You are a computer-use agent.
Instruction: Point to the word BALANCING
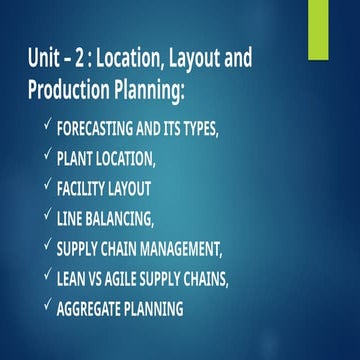(x=136, y=217)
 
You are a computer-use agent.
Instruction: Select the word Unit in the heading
(x=45, y=58)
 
